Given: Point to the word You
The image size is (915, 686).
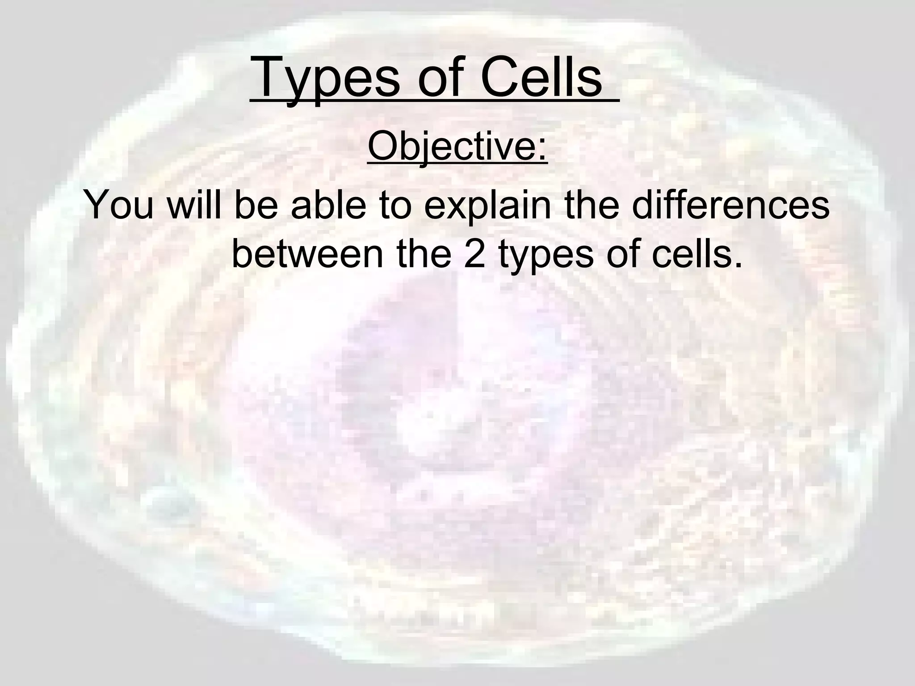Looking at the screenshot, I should tap(120, 205).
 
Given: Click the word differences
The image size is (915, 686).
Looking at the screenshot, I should tap(731, 205).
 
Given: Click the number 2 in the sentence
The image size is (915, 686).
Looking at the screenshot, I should tap(474, 255).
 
